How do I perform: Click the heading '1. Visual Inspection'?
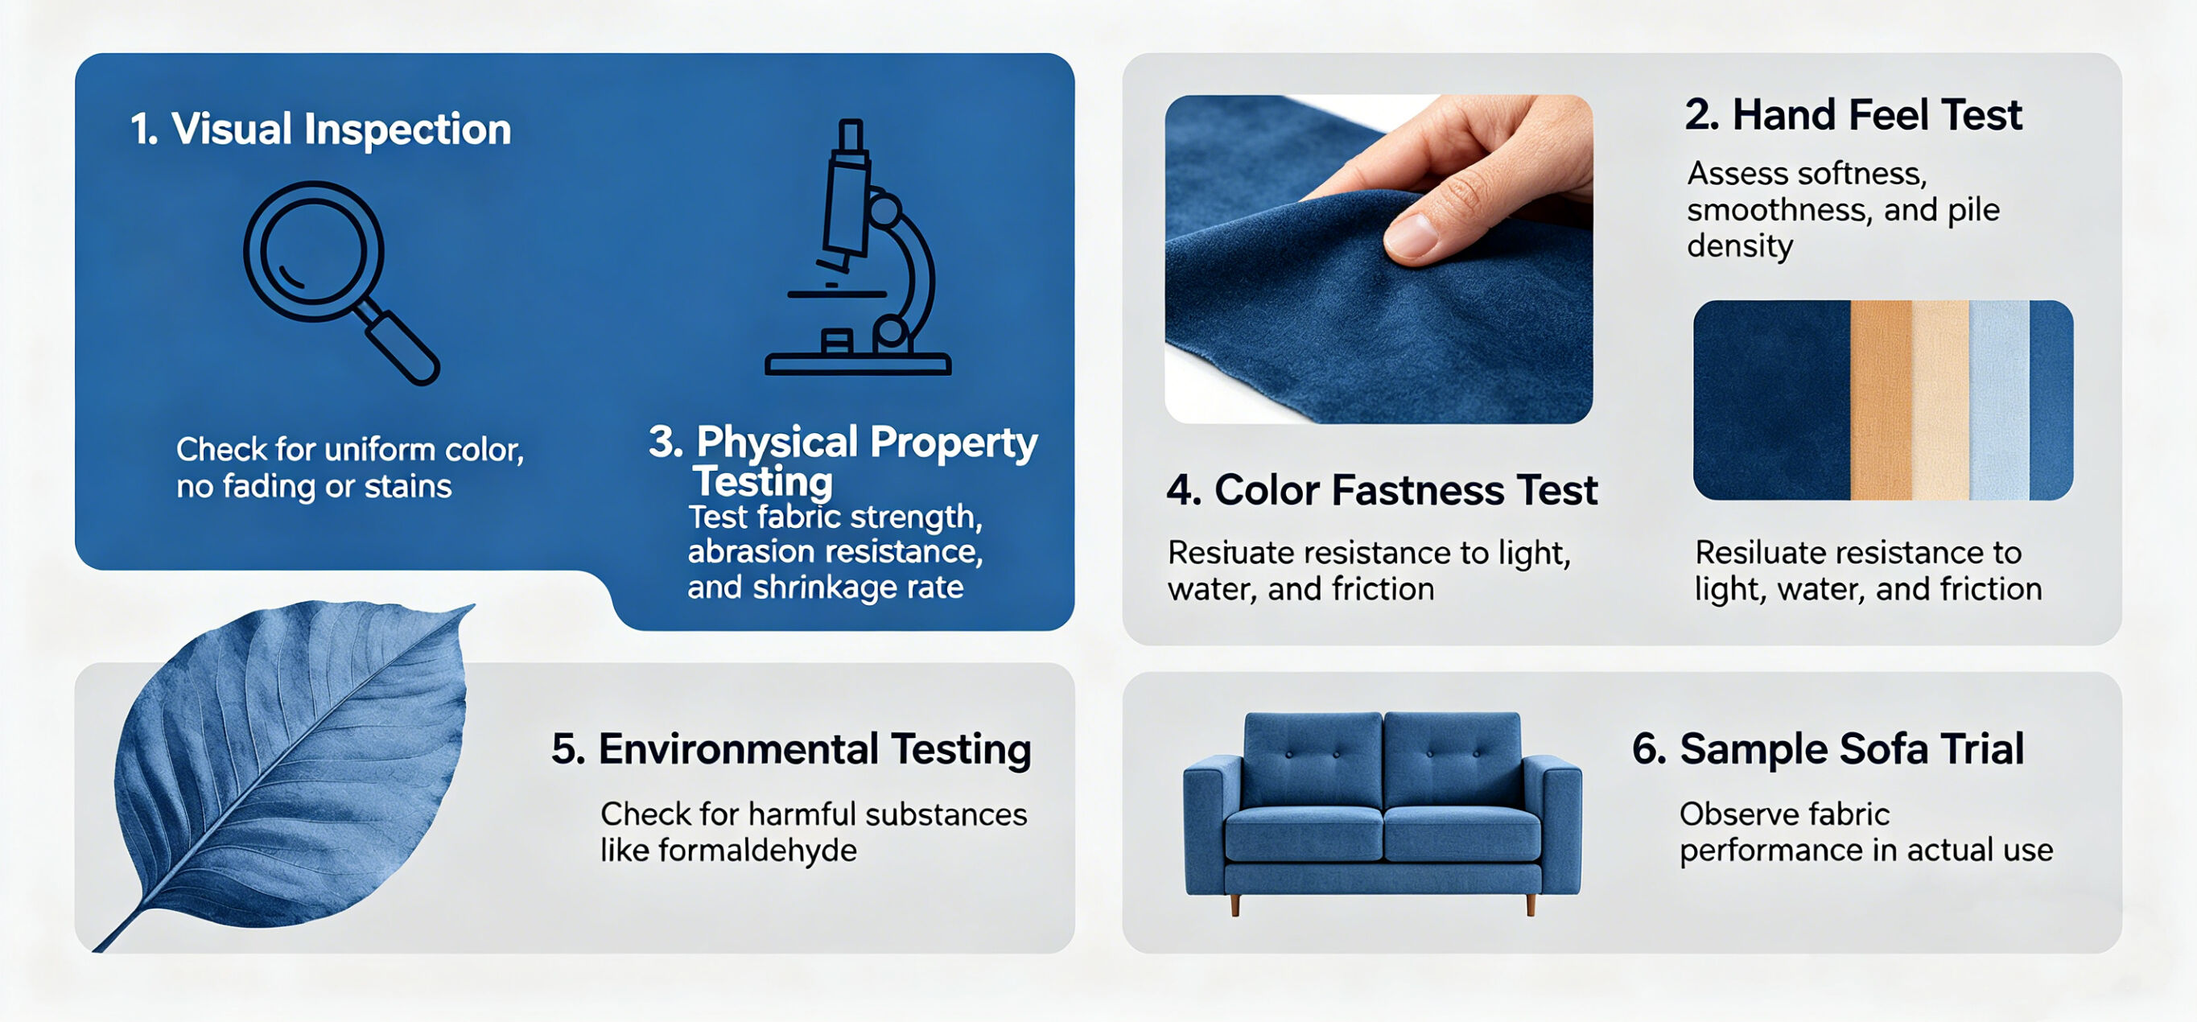[320, 130]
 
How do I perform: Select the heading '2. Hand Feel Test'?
[1853, 115]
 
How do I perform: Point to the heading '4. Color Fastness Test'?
[1382, 491]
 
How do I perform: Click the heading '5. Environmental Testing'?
[790, 750]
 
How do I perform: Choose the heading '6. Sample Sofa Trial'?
[1828, 749]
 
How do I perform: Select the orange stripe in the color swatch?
[1882, 400]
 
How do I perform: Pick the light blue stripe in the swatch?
[1999, 400]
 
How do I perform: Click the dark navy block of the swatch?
[1772, 400]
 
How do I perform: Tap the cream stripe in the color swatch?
[1941, 400]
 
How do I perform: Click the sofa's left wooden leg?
[1235, 905]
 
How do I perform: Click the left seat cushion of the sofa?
[1303, 833]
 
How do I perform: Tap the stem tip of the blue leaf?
[97, 949]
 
